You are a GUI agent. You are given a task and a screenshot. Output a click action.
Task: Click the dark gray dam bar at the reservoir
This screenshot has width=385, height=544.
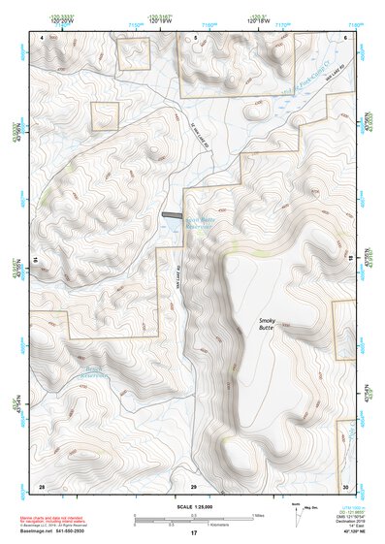[x=172, y=215]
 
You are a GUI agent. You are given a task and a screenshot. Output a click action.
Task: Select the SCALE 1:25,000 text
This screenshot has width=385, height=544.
[x=192, y=507]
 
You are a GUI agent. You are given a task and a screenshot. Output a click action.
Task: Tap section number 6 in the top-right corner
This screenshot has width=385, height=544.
[x=345, y=37]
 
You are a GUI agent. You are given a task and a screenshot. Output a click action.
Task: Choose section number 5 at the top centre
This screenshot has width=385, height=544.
[x=195, y=37]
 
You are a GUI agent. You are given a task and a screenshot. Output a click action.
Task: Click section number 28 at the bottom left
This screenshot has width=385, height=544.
[x=42, y=485]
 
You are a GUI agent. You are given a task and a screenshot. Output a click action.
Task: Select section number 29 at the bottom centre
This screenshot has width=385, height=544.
[x=193, y=485]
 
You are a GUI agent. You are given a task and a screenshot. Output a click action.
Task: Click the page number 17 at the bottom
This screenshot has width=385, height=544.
[x=193, y=533]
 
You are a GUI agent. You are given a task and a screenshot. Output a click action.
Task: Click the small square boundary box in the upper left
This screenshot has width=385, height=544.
[x=105, y=116]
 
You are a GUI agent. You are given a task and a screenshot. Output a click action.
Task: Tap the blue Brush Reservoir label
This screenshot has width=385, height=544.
[x=92, y=371]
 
